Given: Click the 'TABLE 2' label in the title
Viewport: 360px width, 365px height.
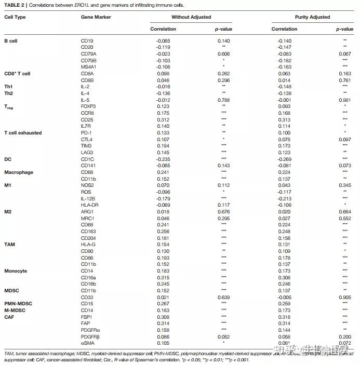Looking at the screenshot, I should [x=14, y=5].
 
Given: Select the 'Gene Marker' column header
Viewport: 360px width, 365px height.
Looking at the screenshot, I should [x=96, y=17].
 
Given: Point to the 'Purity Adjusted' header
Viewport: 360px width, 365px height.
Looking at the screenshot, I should [x=312, y=17].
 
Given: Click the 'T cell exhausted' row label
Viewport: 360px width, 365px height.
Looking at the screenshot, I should [x=23, y=133].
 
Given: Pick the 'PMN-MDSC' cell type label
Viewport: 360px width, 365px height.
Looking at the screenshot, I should [x=19, y=303].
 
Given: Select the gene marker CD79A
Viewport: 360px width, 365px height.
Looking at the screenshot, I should [x=89, y=53].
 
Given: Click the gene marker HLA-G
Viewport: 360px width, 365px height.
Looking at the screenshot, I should [x=88, y=244].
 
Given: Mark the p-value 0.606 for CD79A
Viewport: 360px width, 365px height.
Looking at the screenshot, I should [x=223, y=53].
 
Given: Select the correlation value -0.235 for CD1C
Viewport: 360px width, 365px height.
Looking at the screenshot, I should [x=163, y=159].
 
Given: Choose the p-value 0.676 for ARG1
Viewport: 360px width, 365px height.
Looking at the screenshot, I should [x=223, y=212].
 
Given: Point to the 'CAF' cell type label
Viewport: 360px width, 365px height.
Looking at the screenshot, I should [x=9, y=317].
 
